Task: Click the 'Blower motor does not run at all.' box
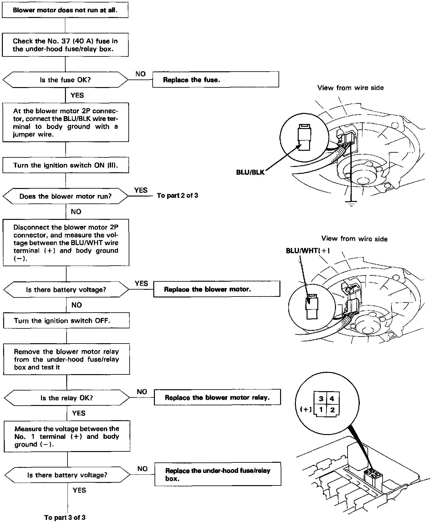click(65, 10)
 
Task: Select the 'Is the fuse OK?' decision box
click(65, 80)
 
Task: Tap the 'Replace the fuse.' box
click(215, 79)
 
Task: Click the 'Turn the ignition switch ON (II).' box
click(66, 165)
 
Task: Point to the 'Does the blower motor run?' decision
click(66, 196)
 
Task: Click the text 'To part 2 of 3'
click(178, 196)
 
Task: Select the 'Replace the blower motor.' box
click(216, 289)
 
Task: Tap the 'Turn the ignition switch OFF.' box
click(66, 320)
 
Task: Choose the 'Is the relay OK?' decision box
click(67, 398)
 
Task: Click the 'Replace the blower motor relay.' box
click(217, 397)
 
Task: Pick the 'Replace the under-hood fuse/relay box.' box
click(218, 474)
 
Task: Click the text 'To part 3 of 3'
click(65, 517)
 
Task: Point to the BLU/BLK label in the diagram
click(250, 172)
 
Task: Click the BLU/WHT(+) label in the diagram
click(308, 251)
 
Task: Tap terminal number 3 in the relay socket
click(321, 399)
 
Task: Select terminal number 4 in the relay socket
click(332, 399)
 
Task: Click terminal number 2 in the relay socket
click(332, 410)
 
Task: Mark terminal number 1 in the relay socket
click(321, 410)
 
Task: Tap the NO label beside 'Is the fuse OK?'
click(140, 74)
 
